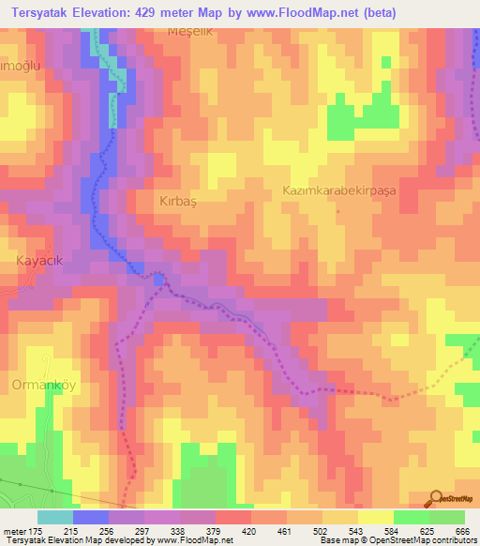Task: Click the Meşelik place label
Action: point(184,31)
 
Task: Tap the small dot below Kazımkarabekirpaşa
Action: point(338,210)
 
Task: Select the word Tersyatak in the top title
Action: point(38,12)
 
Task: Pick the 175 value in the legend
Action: point(37,532)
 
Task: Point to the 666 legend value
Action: point(459,532)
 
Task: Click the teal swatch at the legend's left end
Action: point(55,518)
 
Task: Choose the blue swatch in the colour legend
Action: point(91,518)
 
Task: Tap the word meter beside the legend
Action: point(13,532)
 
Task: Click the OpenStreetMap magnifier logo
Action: point(435,499)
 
